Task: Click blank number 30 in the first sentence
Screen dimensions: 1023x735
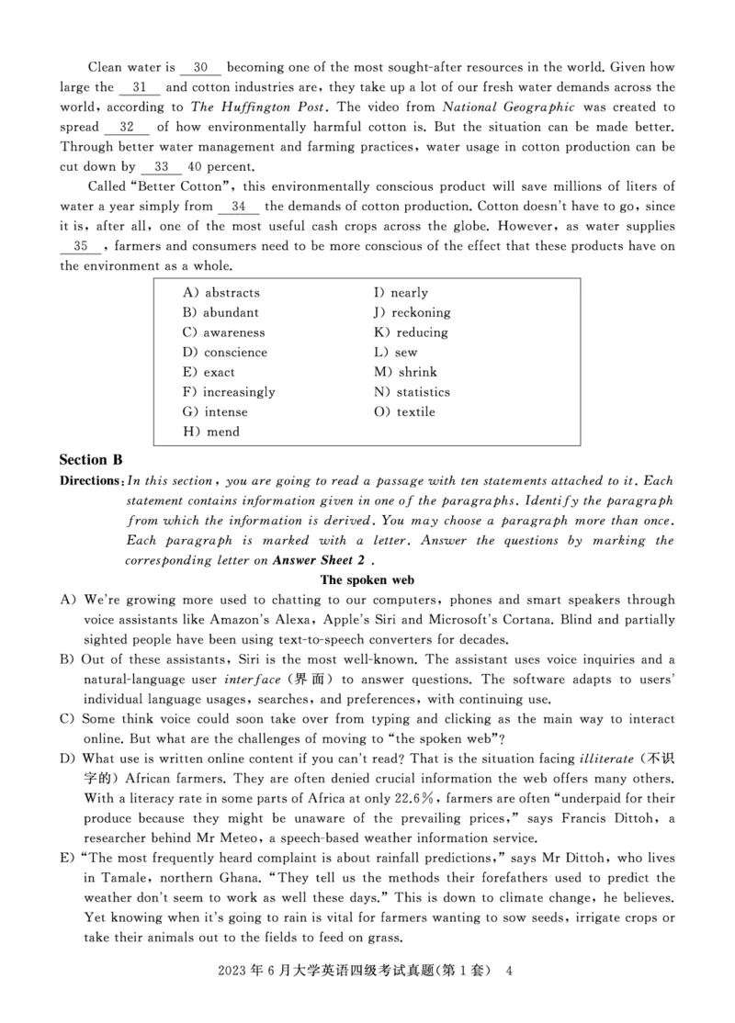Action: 200,67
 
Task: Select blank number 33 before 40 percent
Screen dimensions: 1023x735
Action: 162,166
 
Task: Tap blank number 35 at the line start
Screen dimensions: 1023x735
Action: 81,246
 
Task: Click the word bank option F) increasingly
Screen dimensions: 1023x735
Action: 229,392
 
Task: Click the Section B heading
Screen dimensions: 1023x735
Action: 91,459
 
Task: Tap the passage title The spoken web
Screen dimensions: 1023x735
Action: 367,580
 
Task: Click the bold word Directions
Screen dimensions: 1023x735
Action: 90,480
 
